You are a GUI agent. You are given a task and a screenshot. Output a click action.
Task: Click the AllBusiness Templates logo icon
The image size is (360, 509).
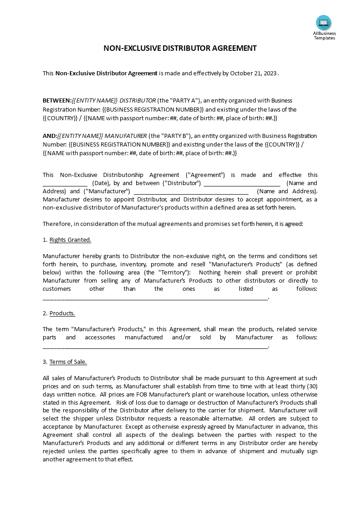coord(324,23)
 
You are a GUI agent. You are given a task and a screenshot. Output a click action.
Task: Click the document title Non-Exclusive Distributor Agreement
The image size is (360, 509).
coord(180,48)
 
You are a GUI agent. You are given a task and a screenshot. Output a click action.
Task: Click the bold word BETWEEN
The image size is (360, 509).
coord(57,100)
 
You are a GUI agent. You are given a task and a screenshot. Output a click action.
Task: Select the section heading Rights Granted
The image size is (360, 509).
coord(70,240)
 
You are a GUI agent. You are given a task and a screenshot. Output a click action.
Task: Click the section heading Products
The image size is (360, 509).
coord(62,313)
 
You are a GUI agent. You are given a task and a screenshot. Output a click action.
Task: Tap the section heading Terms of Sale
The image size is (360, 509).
coord(68,362)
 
